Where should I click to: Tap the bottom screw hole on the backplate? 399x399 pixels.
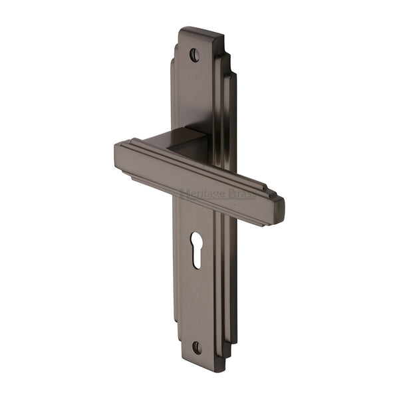(x=196, y=347)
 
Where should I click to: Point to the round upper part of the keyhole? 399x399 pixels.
(x=198, y=239)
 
